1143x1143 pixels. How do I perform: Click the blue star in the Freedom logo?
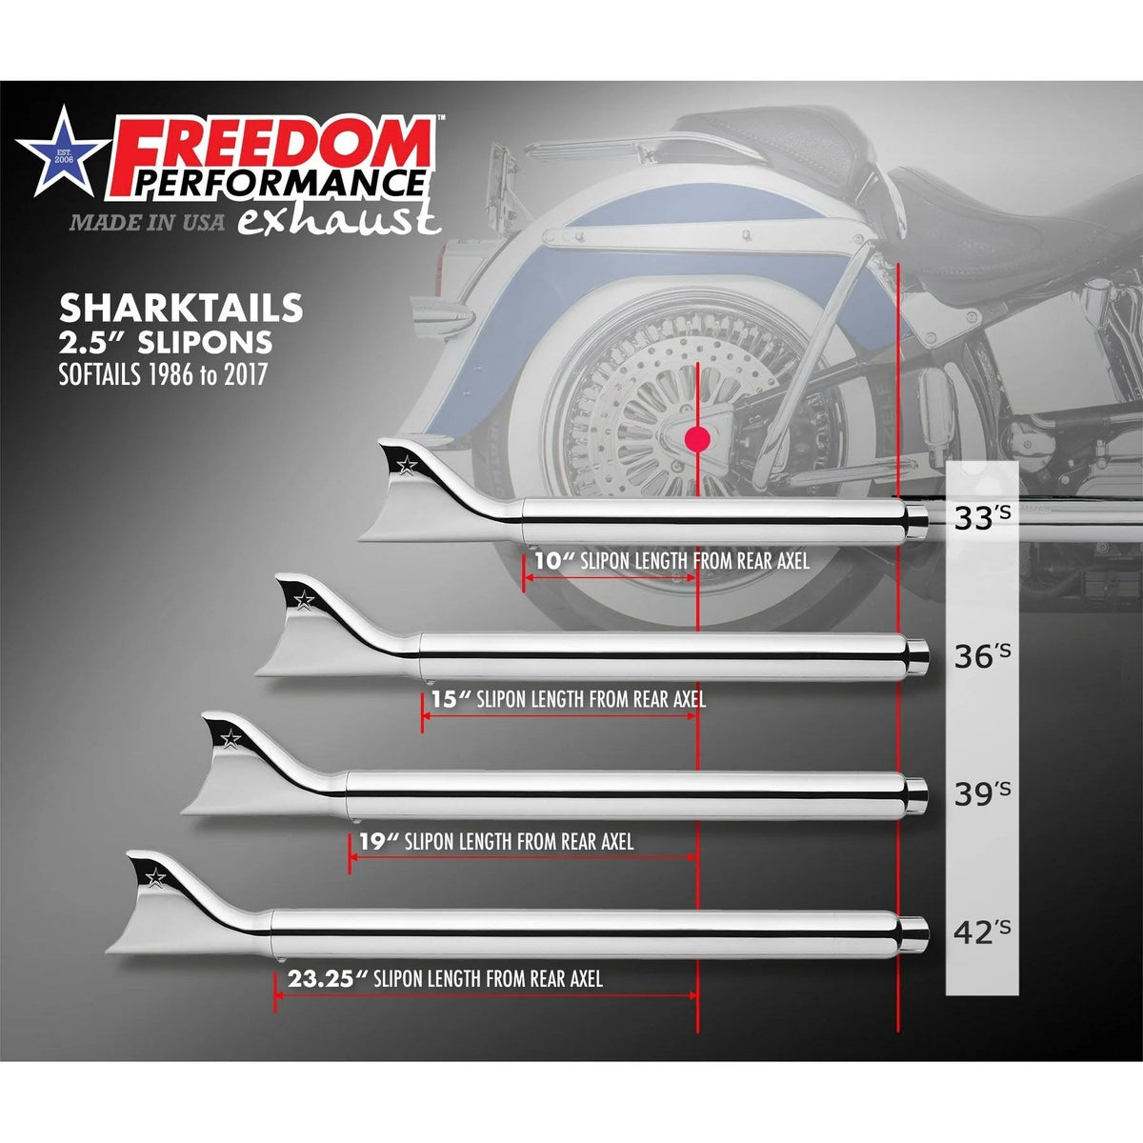point(63,152)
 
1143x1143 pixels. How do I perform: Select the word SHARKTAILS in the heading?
point(182,309)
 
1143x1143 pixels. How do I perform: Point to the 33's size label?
point(982,517)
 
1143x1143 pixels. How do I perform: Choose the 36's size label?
point(982,655)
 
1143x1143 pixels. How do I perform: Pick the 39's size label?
point(982,793)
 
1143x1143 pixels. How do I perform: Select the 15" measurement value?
point(451,699)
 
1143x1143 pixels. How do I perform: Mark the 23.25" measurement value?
point(328,978)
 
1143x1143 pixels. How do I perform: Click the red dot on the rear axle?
point(697,439)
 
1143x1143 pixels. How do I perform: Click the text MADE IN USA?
point(147,223)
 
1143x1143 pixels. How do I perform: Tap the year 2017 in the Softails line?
point(245,375)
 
